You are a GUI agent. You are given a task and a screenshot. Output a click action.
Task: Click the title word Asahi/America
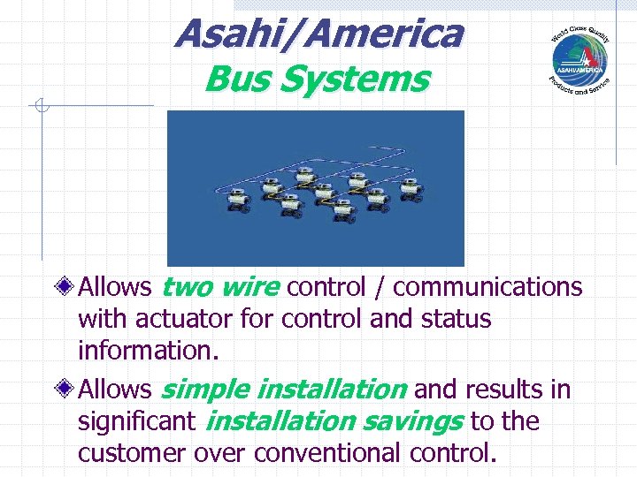318,34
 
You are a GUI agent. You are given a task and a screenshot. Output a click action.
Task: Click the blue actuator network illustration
316,187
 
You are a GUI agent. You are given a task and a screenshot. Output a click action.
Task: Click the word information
146,351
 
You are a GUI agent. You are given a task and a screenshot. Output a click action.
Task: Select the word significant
135,421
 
